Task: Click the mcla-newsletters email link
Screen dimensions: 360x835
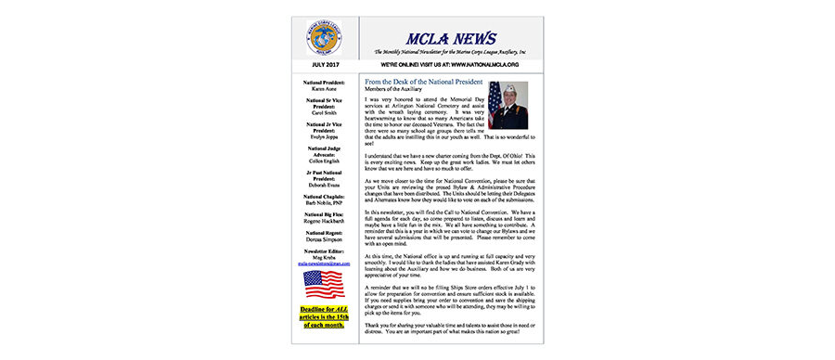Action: click(322, 264)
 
